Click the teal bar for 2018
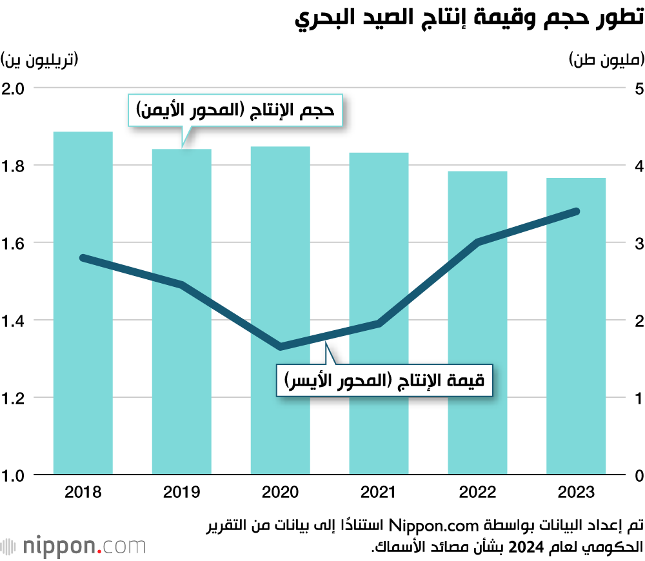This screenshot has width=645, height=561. (83, 303)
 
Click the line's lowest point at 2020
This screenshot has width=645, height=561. (281, 347)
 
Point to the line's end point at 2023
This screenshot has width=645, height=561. (576, 212)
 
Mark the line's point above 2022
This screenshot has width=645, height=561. (477, 242)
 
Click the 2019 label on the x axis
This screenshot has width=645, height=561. (182, 493)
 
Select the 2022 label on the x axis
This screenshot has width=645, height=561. (477, 493)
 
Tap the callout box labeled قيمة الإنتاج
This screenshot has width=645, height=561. (384, 381)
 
